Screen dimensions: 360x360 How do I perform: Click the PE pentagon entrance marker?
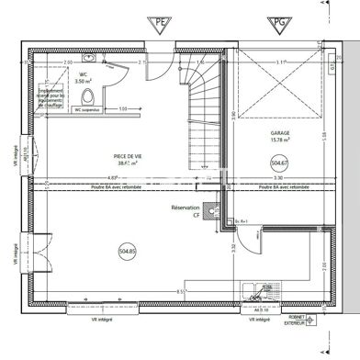[163, 23]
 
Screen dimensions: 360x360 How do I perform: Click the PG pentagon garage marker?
[276, 23]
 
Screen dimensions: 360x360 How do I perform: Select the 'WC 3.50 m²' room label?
[83, 78]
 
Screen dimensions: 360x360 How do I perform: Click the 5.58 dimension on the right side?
[326, 136]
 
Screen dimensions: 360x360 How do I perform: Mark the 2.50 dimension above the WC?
[68, 62]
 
